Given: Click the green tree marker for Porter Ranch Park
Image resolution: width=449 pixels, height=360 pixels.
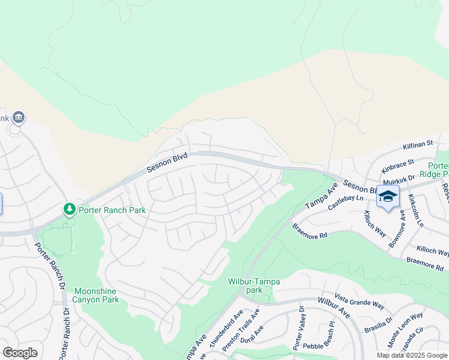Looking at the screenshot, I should pyautogui.click(x=70, y=209).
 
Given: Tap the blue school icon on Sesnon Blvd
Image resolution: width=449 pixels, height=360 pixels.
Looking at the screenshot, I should pyautogui.click(x=388, y=197).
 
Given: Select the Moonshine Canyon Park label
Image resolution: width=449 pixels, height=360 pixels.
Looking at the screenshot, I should pyautogui.click(x=95, y=295).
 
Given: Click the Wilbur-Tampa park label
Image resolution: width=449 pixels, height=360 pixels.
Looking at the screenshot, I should pyautogui.click(x=253, y=286).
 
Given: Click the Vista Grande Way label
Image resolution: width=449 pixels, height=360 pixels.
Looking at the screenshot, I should pyautogui.click(x=359, y=301).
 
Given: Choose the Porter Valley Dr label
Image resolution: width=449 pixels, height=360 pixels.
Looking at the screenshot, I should pyautogui.click(x=298, y=328).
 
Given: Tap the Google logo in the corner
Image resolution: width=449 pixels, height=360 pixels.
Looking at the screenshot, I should pyautogui.click(x=20, y=353).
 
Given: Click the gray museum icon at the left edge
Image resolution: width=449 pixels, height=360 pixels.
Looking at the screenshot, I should pyautogui.click(x=18, y=117).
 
